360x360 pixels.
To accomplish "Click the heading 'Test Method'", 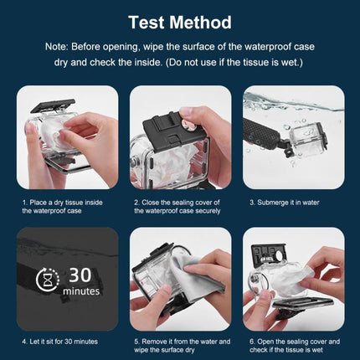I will click(x=180, y=22).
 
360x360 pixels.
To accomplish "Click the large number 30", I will click(x=81, y=274).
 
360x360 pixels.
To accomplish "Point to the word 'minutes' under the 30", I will click(x=81, y=291).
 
